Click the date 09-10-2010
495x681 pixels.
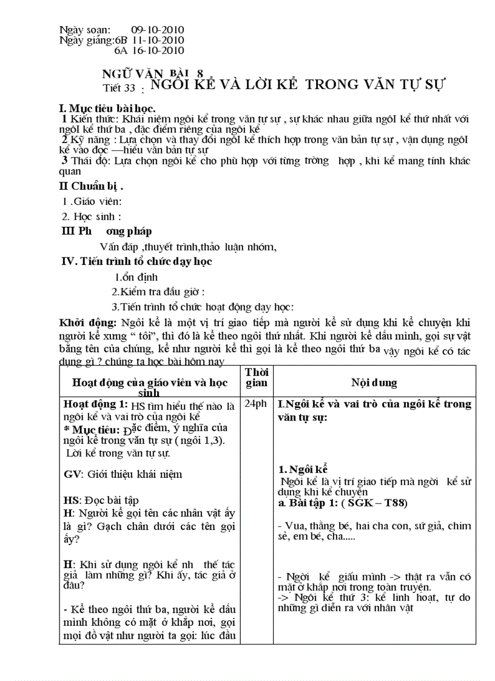(x=157, y=30)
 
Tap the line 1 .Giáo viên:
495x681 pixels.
(x=92, y=201)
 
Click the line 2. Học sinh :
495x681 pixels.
(x=92, y=216)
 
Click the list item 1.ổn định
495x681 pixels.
(x=136, y=277)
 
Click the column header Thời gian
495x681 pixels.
(x=256, y=377)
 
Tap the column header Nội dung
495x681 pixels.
(x=374, y=383)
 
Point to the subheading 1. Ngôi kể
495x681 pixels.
(x=303, y=469)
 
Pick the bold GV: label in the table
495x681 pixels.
(x=71, y=474)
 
